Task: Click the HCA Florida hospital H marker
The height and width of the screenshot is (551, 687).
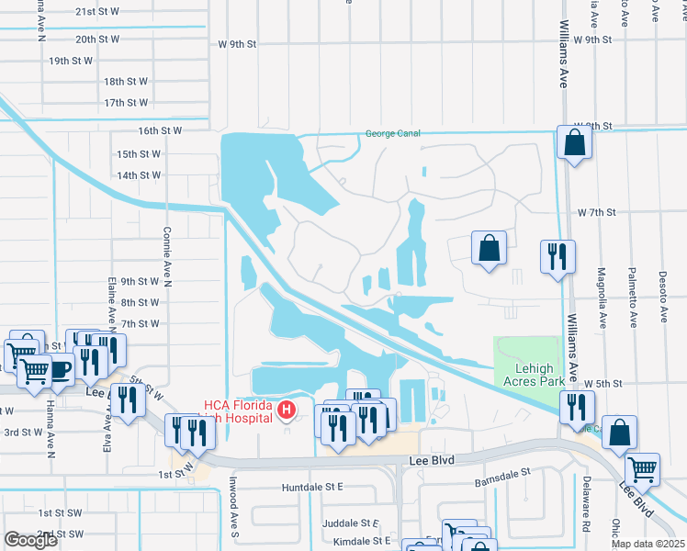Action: pyautogui.click(x=287, y=409)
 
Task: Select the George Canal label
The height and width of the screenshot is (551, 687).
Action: pyautogui.click(x=393, y=133)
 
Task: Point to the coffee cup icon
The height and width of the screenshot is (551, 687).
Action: pyautogui.click(x=60, y=370)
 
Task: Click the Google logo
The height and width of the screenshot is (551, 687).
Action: pyautogui.click(x=30, y=540)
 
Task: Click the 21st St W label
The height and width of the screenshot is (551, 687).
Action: pyautogui.click(x=97, y=12)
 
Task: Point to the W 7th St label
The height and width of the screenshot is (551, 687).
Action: pyautogui.click(x=595, y=212)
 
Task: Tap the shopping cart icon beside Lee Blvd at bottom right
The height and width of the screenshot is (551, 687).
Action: pyautogui.click(x=642, y=468)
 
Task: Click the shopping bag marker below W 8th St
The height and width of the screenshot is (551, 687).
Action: pyautogui.click(x=574, y=143)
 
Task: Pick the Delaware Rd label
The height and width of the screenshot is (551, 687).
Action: pyautogui.click(x=584, y=514)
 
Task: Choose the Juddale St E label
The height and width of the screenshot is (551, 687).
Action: pyautogui.click(x=350, y=523)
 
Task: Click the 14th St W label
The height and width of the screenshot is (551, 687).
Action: pyautogui.click(x=139, y=174)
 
